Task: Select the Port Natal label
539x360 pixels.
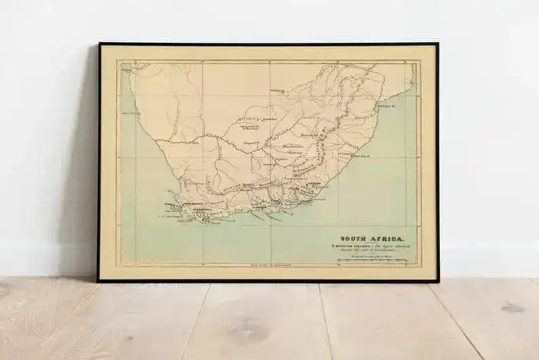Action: coord(360,156)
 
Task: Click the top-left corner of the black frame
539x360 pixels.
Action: coord(99,44)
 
